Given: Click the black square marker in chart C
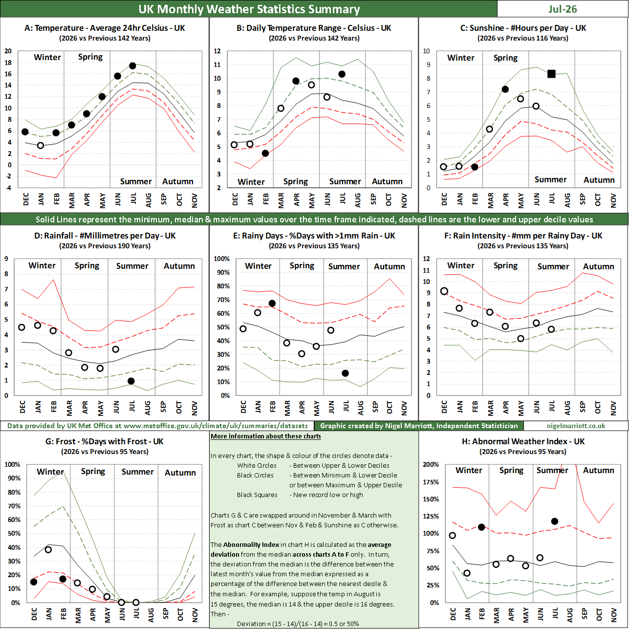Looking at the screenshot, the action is pos(551,74).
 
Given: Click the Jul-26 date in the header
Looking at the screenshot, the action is pos(563,9).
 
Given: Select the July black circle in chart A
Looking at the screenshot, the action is pos(132,65).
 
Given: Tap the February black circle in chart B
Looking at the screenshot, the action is pos(265,153).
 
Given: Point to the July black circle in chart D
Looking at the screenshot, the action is pos(131,381).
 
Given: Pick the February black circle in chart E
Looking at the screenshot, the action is pos(272,303).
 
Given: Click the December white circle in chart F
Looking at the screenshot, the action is pos(444,291).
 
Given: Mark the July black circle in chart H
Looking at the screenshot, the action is pos(554,521).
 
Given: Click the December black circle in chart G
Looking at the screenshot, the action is pos(34,582).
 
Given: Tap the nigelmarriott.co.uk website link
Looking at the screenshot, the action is pos(576,426).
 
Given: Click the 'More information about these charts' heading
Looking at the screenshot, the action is pos(266,436).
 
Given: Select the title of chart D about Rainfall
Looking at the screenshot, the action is pos(105,236).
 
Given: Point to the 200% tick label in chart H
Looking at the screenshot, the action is pos(431,464).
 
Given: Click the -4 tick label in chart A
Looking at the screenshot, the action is pos(8,188).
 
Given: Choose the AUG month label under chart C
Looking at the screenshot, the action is pos(567,200).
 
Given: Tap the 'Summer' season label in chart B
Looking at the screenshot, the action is pos(345,181).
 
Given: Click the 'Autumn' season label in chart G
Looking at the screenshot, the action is pos(180,473).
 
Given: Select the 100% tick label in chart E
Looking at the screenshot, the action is pos(222,259).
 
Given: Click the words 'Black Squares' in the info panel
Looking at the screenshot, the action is pos(257,495).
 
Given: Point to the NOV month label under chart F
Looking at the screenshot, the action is pos(613,408).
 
